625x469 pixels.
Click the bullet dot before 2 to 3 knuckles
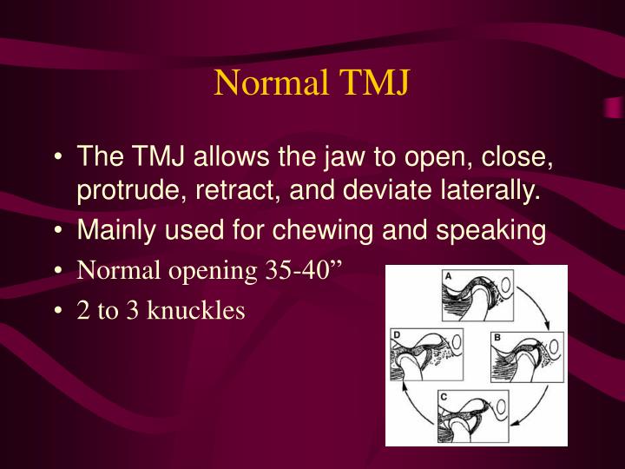point(58,310)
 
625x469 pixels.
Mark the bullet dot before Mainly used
point(58,231)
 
